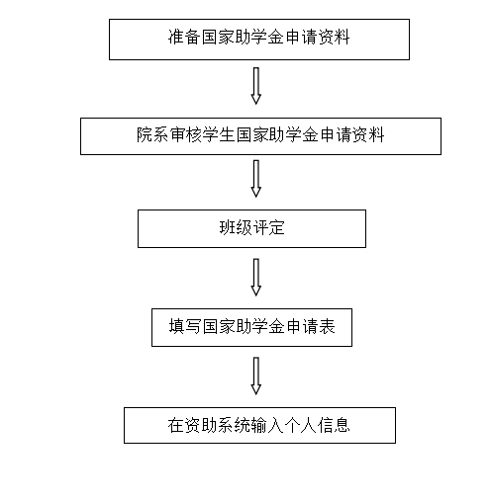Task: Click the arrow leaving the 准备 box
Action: click(x=256, y=86)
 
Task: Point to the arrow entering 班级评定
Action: click(x=256, y=179)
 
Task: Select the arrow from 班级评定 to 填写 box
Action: click(x=256, y=278)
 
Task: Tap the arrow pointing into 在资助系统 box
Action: click(x=256, y=376)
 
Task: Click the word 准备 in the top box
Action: click(x=184, y=37)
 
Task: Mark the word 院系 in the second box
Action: click(x=152, y=134)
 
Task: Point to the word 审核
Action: click(x=186, y=134)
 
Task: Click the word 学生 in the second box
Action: click(x=219, y=134)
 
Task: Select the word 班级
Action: click(x=236, y=227)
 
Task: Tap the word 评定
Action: click(x=268, y=227)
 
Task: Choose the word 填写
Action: click(x=185, y=326)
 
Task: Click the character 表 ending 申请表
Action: click(x=327, y=326)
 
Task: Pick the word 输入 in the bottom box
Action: click(x=267, y=425)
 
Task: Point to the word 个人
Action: click(x=300, y=425)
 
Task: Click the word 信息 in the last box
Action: click(x=333, y=425)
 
